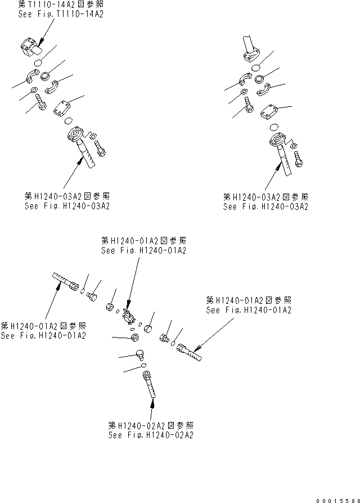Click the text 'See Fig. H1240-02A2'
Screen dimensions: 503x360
click(151, 435)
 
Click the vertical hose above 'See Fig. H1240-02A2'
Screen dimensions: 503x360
click(149, 385)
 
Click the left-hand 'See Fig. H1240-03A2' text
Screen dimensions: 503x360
click(67, 205)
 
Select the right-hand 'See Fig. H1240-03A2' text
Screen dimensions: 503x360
click(265, 206)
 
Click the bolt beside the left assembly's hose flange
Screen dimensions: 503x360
click(101, 149)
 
